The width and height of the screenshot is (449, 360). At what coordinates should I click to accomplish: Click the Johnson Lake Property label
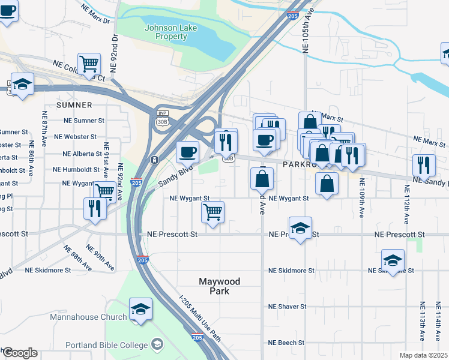pyautogui.click(x=166, y=32)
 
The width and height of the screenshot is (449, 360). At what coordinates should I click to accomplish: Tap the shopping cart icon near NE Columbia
pyautogui.click(x=89, y=63)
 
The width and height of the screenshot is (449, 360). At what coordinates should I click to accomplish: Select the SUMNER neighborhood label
pyautogui.click(x=74, y=105)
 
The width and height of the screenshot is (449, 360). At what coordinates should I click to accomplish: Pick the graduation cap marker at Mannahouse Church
pyautogui.click(x=140, y=309)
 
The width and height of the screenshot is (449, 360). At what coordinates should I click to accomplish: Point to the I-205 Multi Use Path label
pyautogui.click(x=200, y=318)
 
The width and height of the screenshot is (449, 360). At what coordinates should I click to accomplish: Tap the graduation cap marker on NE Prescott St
pyautogui.click(x=300, y=228)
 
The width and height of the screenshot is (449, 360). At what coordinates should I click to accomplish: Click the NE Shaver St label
pyautogui.click(x=288, y=307)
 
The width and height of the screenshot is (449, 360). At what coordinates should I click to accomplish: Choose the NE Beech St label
pyautogui.click(x=287, y=343)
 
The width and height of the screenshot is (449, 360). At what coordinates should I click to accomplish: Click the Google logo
pyautogui.click(x=19, y=353)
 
